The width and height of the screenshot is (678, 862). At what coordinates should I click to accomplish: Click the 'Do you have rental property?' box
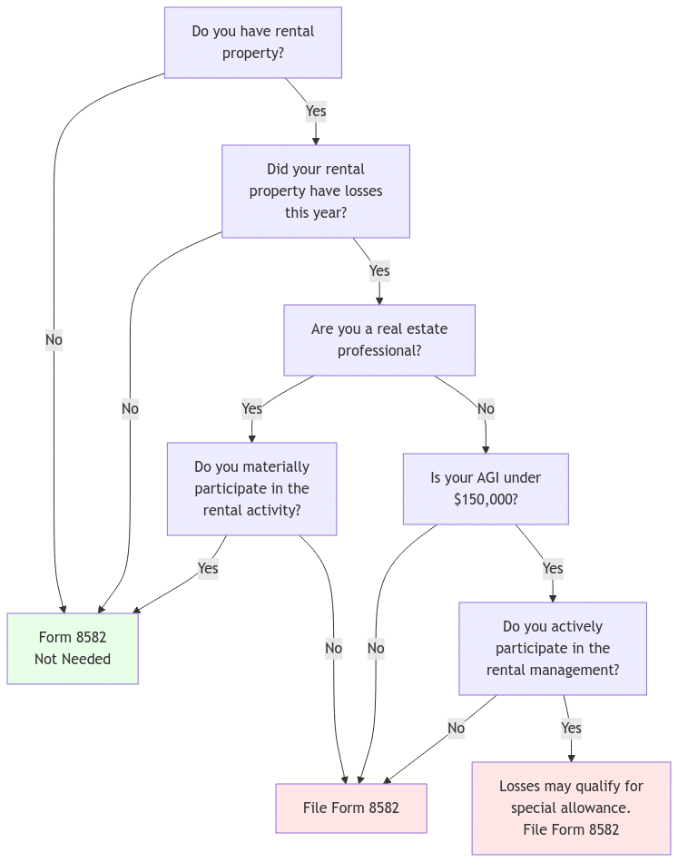pos(252,43)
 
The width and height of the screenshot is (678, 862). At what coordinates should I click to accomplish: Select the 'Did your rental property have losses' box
pos(315,191)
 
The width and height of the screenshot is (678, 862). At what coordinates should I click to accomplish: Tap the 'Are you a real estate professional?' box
pos(378,339)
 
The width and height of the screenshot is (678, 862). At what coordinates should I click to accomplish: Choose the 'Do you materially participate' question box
pos(251,489)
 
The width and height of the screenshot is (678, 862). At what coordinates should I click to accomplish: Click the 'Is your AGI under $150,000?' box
pos(486,489)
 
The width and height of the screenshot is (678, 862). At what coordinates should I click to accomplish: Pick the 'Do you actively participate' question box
pos(552,649)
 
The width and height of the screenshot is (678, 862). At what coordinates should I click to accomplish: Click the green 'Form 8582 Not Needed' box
pos(73,648)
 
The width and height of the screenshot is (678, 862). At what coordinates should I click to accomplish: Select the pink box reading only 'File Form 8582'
pos(350,808)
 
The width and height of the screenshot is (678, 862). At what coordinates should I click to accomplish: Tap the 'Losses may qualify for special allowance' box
pos(571,808)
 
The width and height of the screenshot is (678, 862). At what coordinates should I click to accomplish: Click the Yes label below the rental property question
pos(316,112)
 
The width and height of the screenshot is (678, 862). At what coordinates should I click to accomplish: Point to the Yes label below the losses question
pos(379,270)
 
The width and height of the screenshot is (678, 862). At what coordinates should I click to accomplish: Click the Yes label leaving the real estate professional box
pos(252,408)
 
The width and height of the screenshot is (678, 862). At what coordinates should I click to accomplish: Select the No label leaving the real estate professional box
pos(486,408)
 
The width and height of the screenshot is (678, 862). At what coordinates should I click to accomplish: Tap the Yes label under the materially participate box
pos(208,568)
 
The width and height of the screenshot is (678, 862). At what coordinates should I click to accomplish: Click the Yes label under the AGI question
pos(553,568)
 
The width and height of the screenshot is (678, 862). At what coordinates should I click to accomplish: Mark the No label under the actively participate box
pos(456,728)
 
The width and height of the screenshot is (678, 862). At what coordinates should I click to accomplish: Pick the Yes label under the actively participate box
pos(571,728)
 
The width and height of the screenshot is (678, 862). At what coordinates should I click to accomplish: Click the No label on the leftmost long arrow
pos(54,339)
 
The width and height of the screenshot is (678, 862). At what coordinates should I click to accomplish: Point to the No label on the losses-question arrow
pos(131,408)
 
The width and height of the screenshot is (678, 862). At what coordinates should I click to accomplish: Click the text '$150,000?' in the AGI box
pos(486,500)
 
